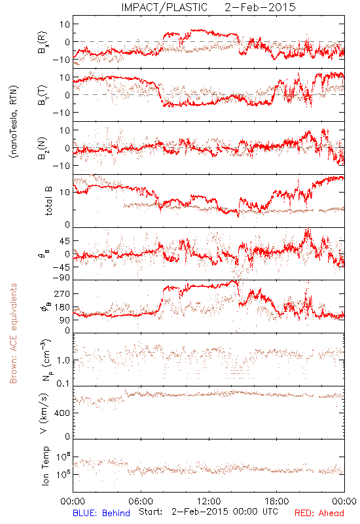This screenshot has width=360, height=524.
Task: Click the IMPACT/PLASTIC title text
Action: click(x=164, y=7)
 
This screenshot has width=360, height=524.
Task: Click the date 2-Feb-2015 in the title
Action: click(x=260, y=7)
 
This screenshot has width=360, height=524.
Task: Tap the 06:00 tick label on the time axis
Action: click(x=141, y=501)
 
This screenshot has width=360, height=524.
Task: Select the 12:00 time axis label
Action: click(x=209, y=501)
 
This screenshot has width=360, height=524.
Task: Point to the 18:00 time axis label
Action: click(x=277, y=501)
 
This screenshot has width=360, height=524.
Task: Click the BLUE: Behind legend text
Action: click(x=101, y=513)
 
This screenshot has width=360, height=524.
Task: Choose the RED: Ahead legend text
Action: click(x=319, y=513)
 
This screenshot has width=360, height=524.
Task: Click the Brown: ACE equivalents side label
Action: click(x=13, y=333)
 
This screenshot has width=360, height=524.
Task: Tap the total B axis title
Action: click(x=48, y=201)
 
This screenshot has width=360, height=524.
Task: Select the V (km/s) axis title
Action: click(x=44, y=413)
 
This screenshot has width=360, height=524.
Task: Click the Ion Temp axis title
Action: click(x=45, y=466)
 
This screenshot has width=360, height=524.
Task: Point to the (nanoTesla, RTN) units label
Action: click(x=14, y=122)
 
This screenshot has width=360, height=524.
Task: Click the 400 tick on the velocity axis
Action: click(x=62, y=413)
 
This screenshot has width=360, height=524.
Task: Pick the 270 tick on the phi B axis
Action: click(x=62, y=293)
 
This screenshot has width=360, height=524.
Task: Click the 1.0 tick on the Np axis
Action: click(x=63, y=360)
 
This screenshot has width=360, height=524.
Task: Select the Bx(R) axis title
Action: click(x=43, y=43)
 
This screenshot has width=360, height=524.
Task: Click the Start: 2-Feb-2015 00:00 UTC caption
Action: click(x=208, y=512)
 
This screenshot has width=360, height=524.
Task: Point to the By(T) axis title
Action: click(x=43, y=95)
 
